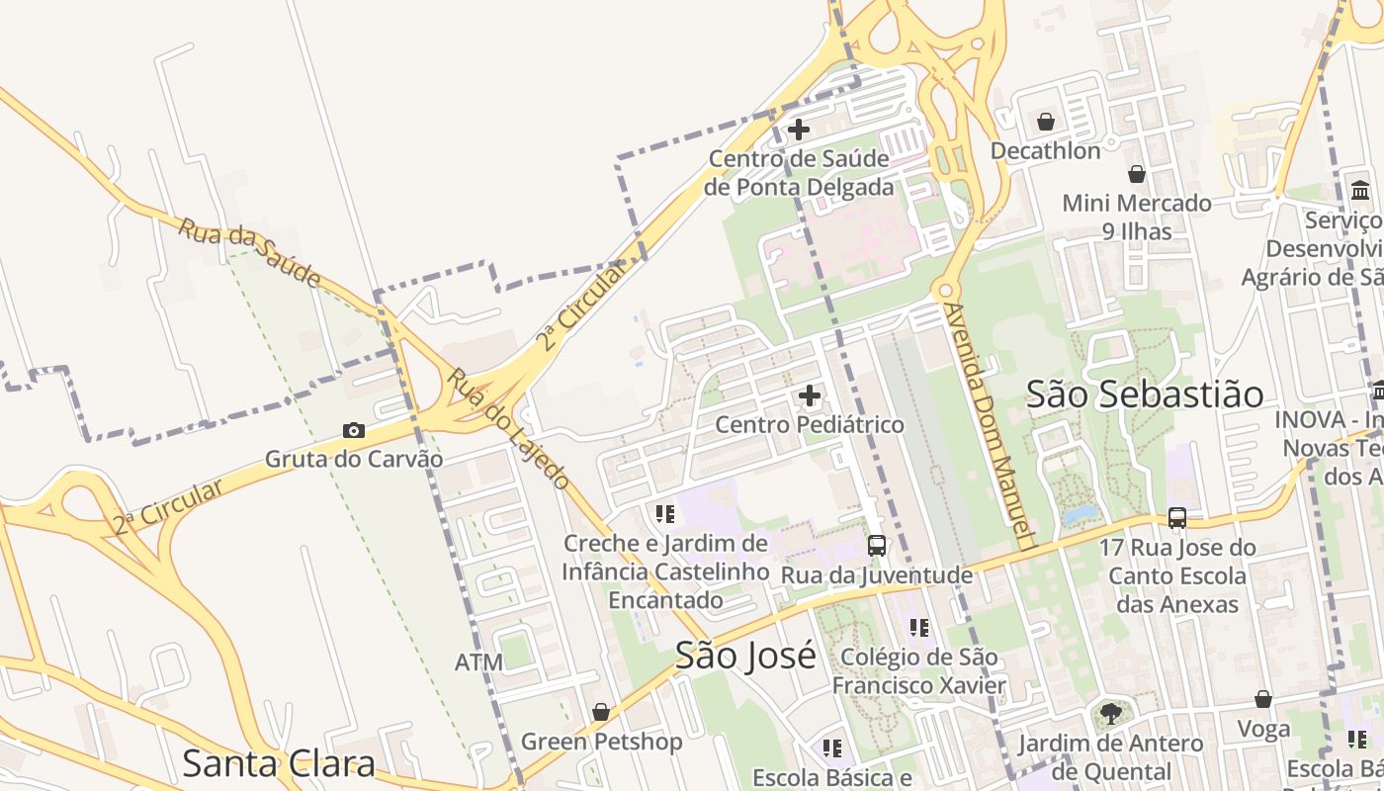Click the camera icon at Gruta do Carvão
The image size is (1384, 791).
353,430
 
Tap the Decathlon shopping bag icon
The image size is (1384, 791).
1045,122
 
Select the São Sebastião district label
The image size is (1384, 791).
1145,394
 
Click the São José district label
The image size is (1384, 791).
745,655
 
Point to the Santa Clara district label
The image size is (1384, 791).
279,763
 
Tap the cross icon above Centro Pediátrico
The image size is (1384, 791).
810,396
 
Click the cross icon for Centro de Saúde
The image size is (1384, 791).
799,129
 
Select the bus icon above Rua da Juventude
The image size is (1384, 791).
876,545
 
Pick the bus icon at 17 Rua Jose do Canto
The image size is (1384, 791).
1176,517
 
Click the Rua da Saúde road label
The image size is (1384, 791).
250,253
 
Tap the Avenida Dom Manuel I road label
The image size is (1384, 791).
988,425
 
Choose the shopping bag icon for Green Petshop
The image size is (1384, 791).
600,712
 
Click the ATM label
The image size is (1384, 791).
478,662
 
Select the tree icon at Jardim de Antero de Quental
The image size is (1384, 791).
1111,713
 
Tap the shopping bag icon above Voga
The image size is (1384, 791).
1262,699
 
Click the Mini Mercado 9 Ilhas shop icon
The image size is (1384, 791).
1137,174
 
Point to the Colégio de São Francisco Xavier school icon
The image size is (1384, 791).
919,627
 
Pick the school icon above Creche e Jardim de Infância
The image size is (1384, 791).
664,513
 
